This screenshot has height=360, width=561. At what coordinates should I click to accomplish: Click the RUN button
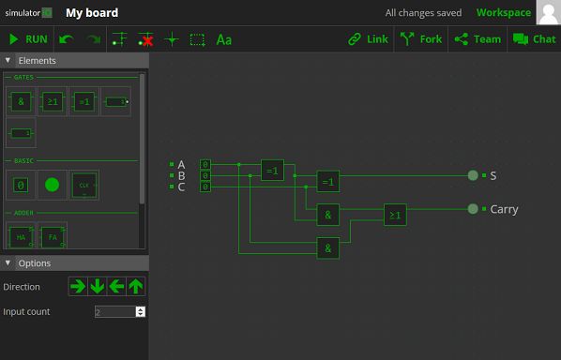point(27,39)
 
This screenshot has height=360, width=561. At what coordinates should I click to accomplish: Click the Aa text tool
point(223,39)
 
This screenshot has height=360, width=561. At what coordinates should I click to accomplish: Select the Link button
point(367,39)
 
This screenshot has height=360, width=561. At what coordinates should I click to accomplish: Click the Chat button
point(534,39)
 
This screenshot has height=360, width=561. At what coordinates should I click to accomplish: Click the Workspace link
point(503,13)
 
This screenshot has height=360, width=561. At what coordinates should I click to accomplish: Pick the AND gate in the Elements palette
point(21,101)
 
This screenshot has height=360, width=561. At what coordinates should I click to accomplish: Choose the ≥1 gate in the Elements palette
point(52,101)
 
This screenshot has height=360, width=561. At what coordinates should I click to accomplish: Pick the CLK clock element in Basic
point(83,185)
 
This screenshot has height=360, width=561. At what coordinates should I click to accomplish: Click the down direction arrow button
point(98,286)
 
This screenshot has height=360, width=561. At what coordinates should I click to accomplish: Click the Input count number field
point(115,311)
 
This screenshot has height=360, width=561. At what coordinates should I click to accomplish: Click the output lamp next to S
point(473,175)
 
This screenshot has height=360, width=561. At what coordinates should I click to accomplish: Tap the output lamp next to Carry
point(473,209)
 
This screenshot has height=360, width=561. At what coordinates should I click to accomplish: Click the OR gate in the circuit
point(395,216)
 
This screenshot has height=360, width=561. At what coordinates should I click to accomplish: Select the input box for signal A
point(205,164)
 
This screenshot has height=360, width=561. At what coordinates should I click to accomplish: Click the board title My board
point(92,13)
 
